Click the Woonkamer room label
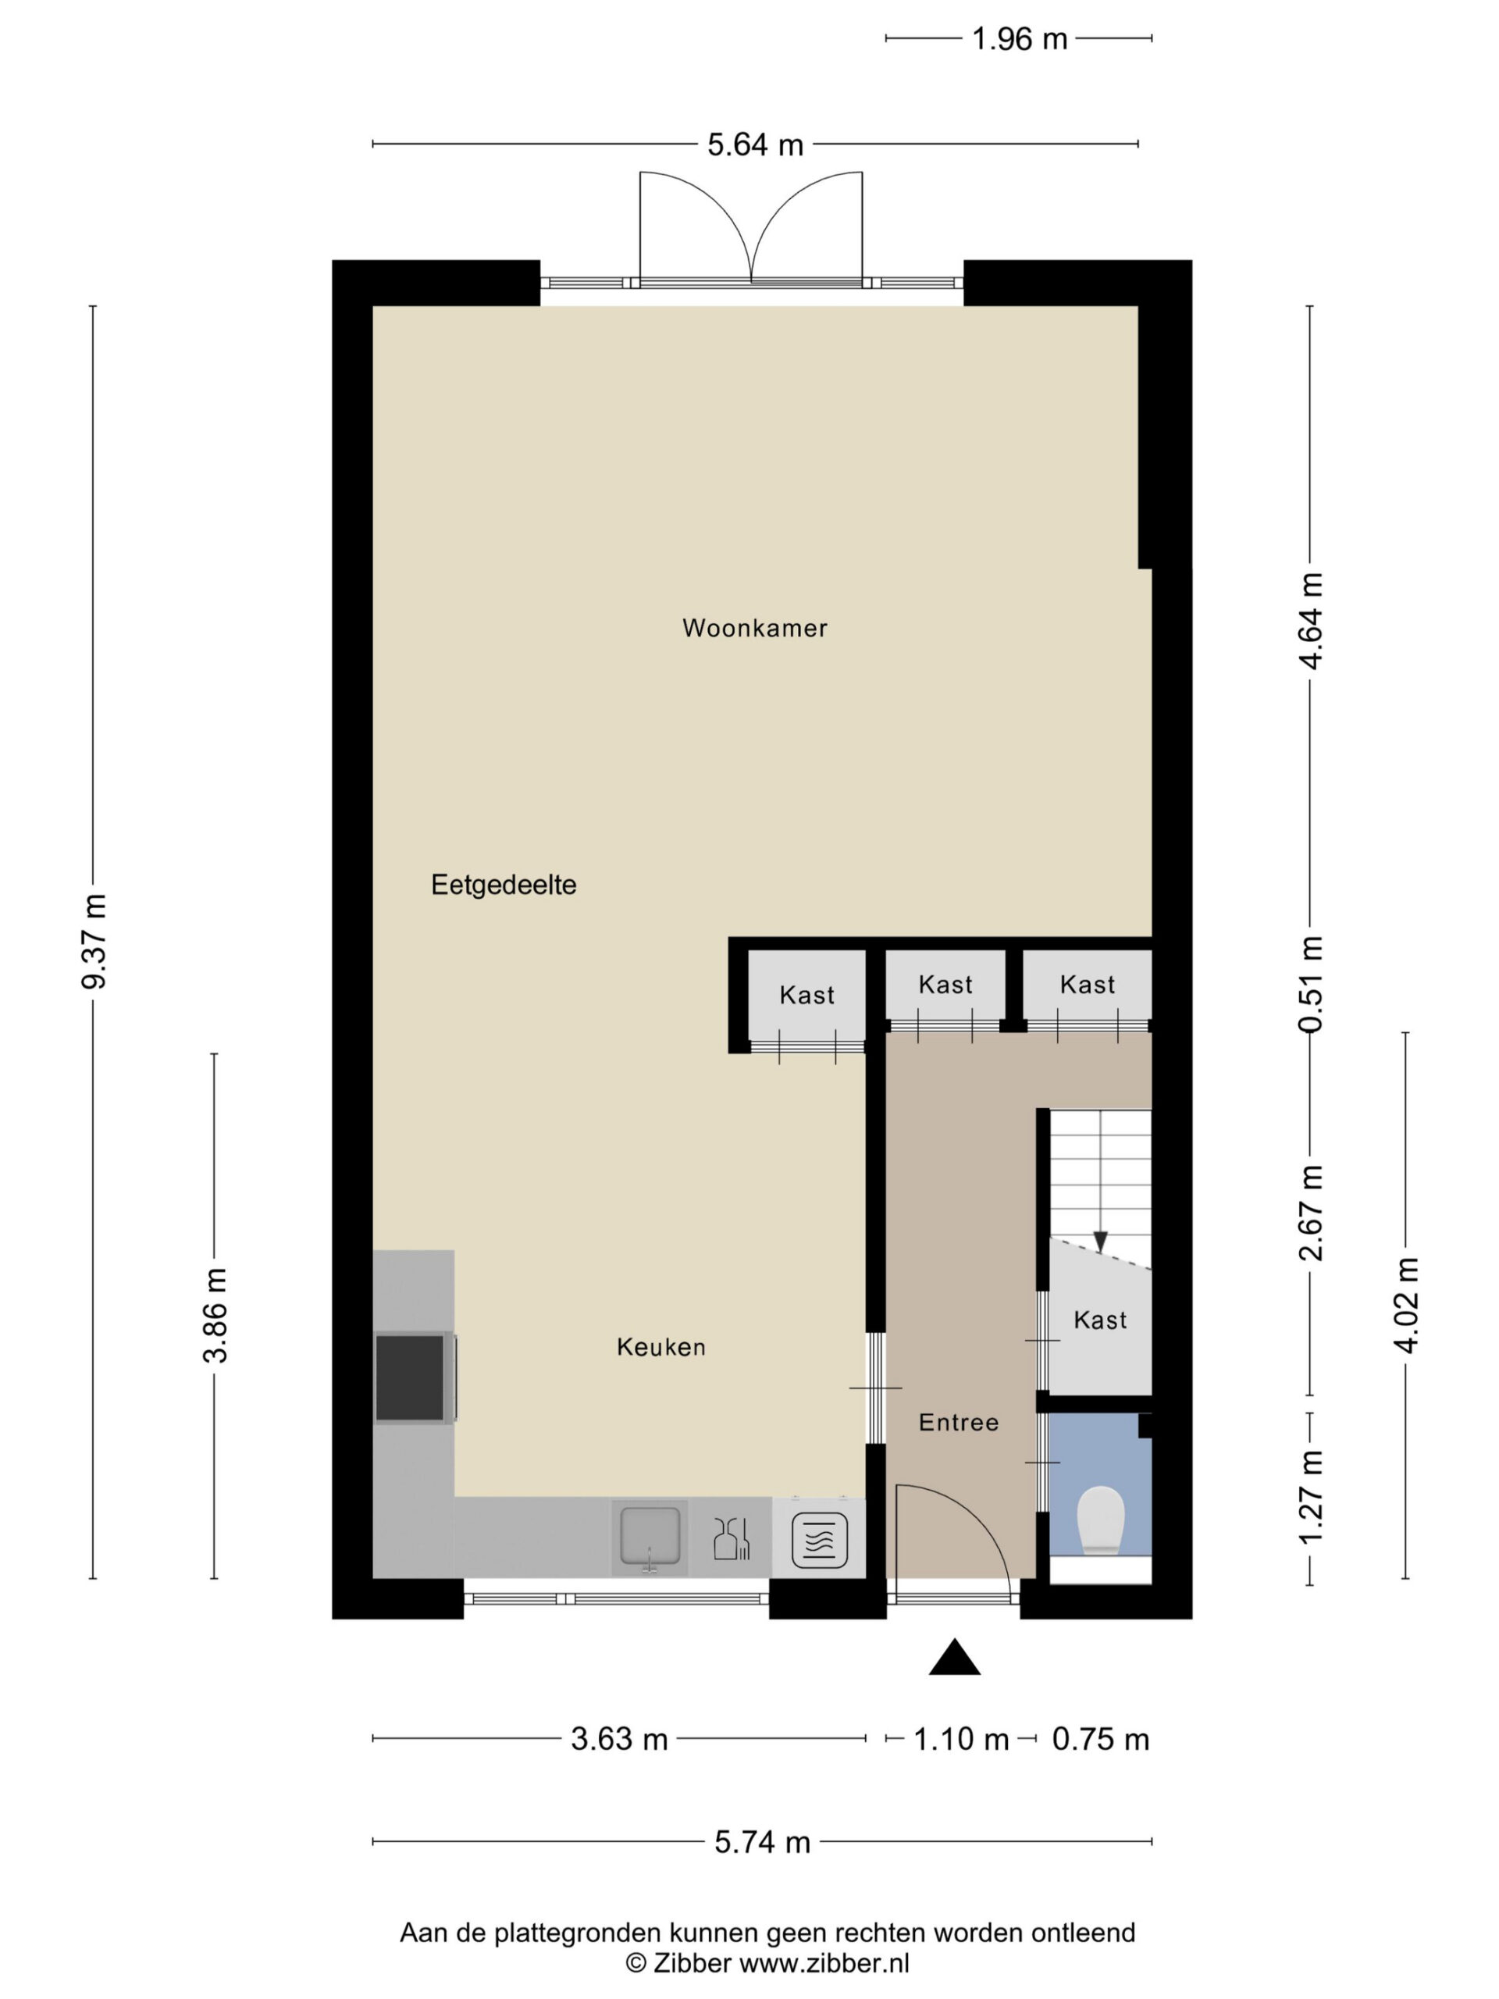pos(754,627)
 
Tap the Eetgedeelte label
pos(504,885)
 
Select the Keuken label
pos(660,1348)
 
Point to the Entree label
pos(959,1423)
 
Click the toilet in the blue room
pos(1101,1521)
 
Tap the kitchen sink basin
pos(649,1535)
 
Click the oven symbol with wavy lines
pos(820,1540)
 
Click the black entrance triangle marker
pos(954,1659)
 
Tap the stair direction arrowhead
pos(1101,1242)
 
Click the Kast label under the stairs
pos(1099,1320)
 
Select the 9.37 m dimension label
pos(94,942)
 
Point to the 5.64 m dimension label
pos(756,144)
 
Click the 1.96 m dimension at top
pos(1019,39)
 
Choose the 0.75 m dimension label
pos(1101,1739)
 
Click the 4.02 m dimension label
pos(1407,1305)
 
